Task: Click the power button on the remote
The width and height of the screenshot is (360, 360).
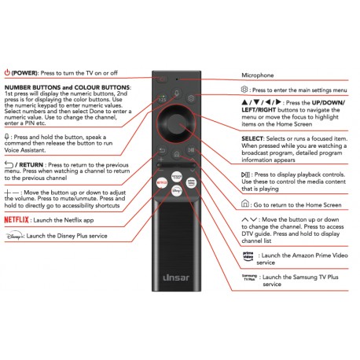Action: [163, 79]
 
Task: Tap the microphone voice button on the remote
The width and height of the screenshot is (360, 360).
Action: [177, 93]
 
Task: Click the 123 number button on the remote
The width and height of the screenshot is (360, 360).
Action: [163, 99]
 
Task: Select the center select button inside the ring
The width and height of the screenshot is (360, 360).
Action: [176, 123]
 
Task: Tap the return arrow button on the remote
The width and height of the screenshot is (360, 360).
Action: [162, 150]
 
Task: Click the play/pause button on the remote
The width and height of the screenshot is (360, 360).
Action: [191, 150]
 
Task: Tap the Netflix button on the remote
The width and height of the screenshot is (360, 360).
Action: [162, 182]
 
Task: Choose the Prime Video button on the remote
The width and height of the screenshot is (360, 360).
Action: [191, 182]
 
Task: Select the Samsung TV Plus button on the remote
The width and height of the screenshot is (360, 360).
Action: [177, 176]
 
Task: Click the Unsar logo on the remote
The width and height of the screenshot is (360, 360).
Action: [176, 277]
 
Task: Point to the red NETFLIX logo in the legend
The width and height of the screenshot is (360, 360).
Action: [17, 219]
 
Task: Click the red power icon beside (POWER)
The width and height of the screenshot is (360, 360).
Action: [7, 72]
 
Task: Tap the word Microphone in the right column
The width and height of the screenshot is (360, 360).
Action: [258, 75]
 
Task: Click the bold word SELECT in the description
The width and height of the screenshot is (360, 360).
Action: [252, 138]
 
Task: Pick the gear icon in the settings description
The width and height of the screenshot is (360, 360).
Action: [244, 90]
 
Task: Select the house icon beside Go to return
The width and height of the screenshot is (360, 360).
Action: [245, 204]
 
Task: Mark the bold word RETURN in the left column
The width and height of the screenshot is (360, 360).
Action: [31, 165]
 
